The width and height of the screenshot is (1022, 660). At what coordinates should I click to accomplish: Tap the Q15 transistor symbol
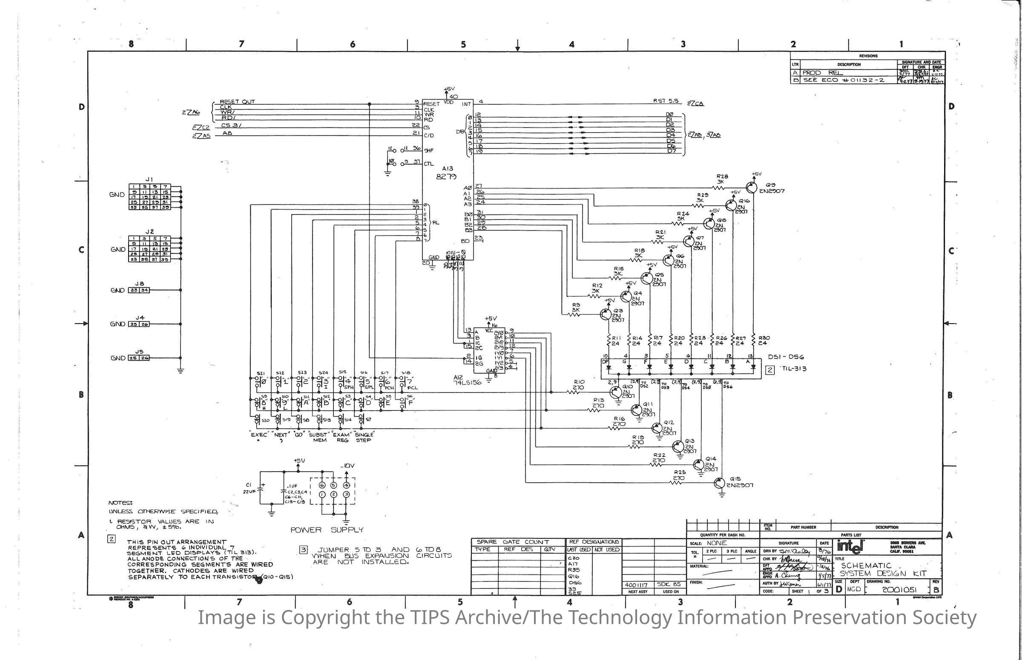[x=720, y=483]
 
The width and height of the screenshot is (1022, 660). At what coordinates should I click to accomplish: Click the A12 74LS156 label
[x=467, y=380]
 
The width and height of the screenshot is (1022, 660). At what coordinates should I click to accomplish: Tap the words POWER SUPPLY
[x=327, y=530]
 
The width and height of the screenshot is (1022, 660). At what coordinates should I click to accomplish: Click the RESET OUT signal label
[x=237, y=102]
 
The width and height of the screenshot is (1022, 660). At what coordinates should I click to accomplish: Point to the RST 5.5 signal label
[x=666, y=101]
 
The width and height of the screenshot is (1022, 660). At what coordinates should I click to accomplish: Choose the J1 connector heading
[x=149, y=179]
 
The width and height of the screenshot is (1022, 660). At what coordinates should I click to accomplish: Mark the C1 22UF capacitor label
[x=249, y=488]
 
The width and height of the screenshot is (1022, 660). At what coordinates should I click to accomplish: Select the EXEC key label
[x=259, y=435]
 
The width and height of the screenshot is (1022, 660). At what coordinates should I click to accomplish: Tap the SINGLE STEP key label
[x=363, y=437]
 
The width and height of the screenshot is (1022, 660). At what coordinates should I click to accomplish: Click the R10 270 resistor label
[x=579, y=384]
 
